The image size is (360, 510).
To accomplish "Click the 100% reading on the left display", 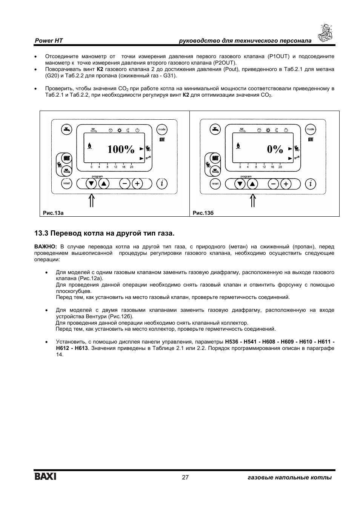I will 121,149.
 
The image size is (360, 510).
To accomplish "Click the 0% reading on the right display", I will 275,149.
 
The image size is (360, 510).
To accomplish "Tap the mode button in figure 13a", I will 162,129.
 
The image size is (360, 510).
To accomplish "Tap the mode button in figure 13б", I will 310,129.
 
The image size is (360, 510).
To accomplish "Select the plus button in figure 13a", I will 137,184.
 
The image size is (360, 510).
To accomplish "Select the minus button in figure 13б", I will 274,184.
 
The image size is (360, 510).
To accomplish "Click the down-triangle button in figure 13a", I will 91,184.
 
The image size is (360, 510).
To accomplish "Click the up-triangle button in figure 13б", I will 252,184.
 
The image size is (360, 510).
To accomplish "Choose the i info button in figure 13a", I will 162,184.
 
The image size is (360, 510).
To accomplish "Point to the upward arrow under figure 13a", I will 91,200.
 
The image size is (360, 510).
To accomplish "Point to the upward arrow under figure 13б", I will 253,200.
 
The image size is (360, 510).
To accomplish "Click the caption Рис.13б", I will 203,213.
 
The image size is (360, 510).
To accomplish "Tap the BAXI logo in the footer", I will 45,477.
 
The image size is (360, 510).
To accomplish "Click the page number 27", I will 185,478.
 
